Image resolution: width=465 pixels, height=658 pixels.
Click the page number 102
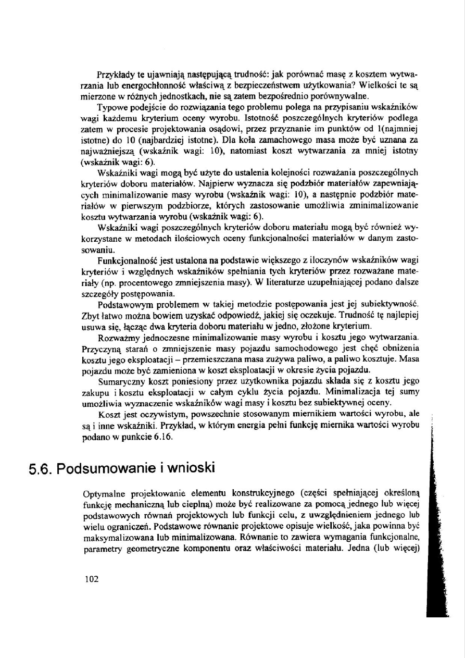pyautogui.click(x=92, y=579)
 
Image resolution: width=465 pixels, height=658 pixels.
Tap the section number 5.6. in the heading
pyautogui.click(x=40, y=468)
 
